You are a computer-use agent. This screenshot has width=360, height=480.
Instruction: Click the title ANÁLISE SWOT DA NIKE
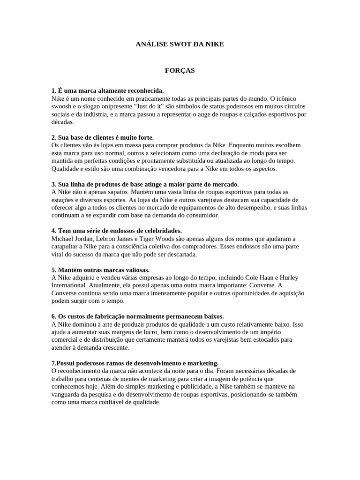pos(180,44)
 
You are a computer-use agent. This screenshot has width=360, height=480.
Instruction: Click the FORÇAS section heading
pos(180,71)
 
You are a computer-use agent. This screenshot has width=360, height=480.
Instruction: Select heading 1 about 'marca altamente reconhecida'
pos(107,90)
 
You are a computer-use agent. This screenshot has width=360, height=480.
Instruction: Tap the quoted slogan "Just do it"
pos(149,106)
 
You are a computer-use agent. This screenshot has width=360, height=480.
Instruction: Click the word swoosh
pos(62,106)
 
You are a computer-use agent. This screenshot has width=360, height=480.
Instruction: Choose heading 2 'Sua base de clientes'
pos(102,137)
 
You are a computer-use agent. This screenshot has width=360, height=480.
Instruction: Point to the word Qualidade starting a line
pos(66,169)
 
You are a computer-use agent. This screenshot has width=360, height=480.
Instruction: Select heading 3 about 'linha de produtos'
pos(145,184)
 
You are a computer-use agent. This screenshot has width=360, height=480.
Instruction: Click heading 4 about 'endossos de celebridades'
pos(116,231)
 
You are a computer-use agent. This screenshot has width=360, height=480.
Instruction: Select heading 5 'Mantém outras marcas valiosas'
pos(100,270)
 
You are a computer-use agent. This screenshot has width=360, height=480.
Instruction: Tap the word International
pos(70,285)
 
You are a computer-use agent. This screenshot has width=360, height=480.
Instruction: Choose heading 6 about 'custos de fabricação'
pos(137,316)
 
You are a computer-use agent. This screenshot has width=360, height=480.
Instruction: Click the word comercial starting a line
pos(66,340)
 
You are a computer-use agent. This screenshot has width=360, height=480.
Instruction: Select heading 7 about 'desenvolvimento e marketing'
pos(135,363)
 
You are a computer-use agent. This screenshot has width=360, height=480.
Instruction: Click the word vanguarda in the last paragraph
pos(67,395)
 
